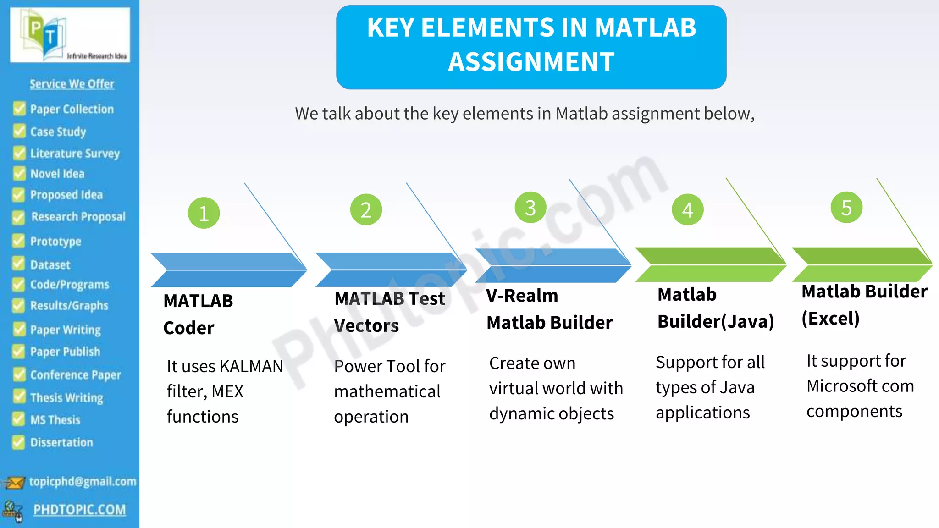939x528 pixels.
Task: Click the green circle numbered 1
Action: point(204,213)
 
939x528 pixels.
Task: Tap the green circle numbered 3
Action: point(530,208)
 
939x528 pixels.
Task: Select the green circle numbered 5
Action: point(846,208)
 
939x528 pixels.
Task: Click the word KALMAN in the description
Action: point(251,366)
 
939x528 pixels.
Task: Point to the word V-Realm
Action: point(522,296)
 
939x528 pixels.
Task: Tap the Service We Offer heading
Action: point(72,84)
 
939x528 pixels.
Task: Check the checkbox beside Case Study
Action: point(19,131)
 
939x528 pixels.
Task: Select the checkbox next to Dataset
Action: point(18,264)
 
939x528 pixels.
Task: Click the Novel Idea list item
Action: point(57,174)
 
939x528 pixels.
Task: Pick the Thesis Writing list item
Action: point(66,397)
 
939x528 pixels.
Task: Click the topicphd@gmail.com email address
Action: point(83,481)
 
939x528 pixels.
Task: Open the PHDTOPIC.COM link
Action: point(79,510)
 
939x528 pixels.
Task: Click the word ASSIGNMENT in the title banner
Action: point(531,62)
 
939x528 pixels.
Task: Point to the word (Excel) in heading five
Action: point(830,319)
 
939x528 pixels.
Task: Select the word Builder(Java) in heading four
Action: point(716,322)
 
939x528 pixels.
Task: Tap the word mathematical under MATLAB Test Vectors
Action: point(387,391)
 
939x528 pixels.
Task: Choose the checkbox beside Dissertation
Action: point(18,442)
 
